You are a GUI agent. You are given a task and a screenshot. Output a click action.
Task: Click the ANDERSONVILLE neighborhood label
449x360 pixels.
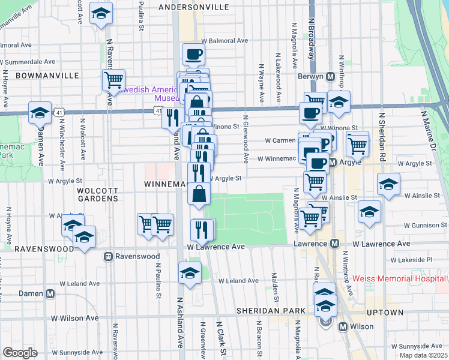pyautogui.click(x=193, y=7)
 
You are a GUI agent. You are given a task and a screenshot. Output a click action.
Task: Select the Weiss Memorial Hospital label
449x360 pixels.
pyautogui.click(x=400, y=278)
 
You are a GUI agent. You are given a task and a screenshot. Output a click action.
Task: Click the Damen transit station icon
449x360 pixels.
pyautogui.click(x=50, y=293)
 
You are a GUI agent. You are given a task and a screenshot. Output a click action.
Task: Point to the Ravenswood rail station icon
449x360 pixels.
pyautogui.click(x=109, y=256)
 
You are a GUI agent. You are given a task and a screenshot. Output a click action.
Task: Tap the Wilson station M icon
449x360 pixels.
pyautogui.click(x=343, y=327)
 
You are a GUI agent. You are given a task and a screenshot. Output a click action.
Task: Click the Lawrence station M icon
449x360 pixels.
pyautogui.click(x=336, y=244)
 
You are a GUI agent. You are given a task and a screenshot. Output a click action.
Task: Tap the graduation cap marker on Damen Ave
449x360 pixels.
pyautogui.click(x=40, y=112)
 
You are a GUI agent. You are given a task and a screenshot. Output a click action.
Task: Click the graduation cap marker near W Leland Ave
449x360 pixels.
pyautogui.click(x=190, y=272)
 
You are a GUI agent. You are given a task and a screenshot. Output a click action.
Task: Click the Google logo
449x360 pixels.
pyautogui.click(x=20, y=353)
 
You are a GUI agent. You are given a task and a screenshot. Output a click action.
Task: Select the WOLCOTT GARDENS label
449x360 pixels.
pyautogui.click(x=84, y=196)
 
